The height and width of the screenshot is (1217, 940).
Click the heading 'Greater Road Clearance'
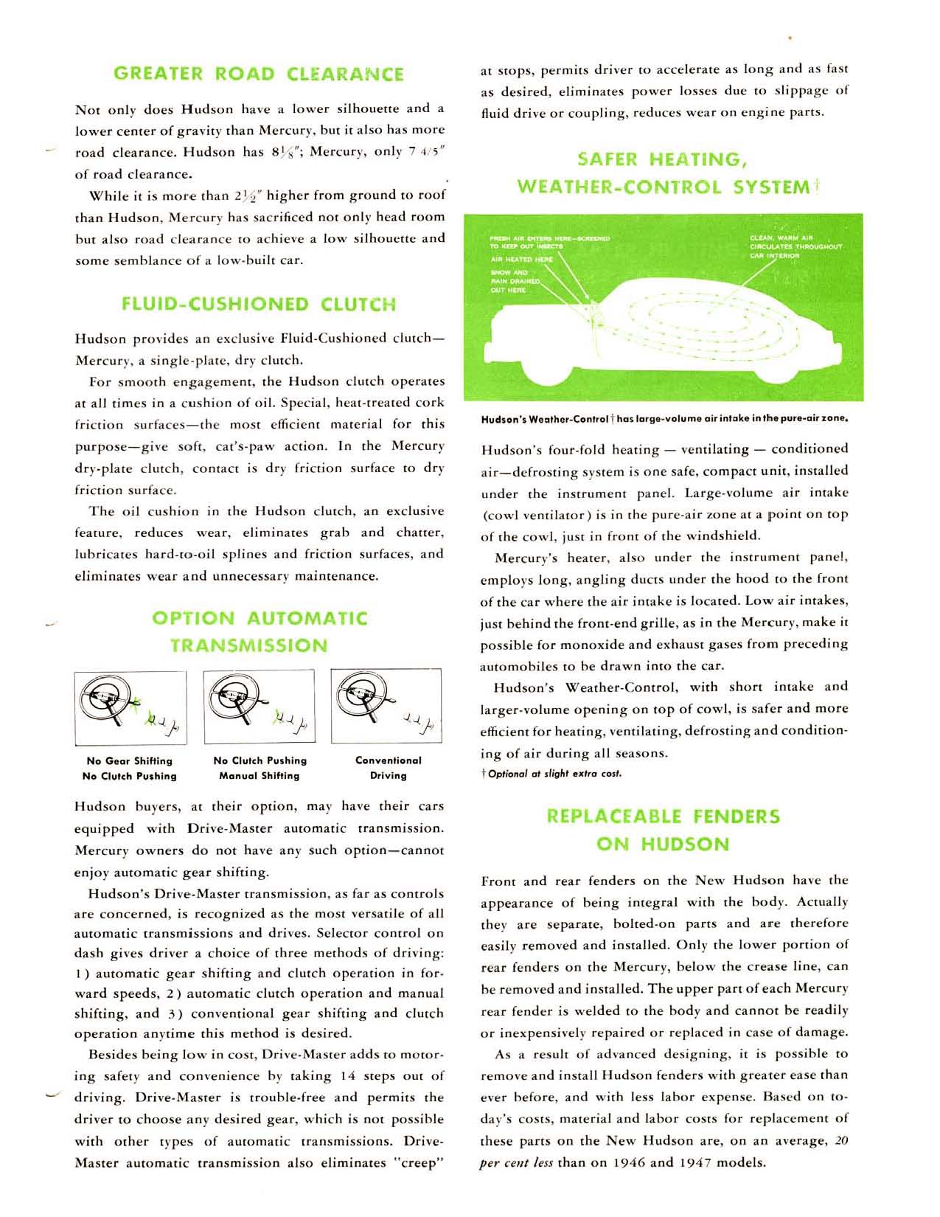click(x=259, y=74)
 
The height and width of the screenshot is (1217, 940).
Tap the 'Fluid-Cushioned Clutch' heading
click(x=259, y=304)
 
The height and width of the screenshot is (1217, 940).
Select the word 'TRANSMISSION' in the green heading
click(x=249, y=645)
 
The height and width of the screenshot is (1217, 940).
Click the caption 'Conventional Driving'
click(x=389, y=768)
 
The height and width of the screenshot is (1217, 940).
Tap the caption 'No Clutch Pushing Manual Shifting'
click(x=260, y=768)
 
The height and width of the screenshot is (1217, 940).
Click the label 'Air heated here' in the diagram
click(x=522, y=260)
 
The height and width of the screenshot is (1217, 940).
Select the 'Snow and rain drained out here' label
click(x=515, y=281)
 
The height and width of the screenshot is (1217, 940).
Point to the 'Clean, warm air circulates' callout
click(x=795, y=246)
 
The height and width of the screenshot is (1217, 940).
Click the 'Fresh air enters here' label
click(x=549, y=242)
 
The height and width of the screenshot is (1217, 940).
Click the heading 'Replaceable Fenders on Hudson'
click(x=663, y=830)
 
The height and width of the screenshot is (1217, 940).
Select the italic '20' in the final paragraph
click(x=841, y=1141)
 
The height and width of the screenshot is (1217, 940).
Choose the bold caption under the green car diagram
click(x=664, y=420)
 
